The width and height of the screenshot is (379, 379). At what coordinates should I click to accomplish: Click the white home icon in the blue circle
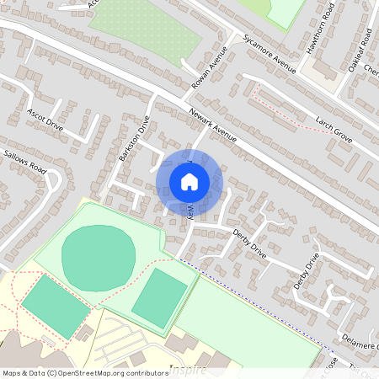(x=189, y=182)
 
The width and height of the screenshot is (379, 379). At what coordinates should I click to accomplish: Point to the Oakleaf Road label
(x=355, y=51)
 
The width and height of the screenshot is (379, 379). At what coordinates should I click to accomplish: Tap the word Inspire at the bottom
(x=187, y=369)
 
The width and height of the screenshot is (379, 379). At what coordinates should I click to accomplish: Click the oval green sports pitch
(x=99, y=254)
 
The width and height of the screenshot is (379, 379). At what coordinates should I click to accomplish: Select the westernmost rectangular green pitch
(x=55, y=306)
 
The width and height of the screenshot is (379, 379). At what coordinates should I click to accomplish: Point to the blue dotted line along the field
(x=253, y=304)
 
